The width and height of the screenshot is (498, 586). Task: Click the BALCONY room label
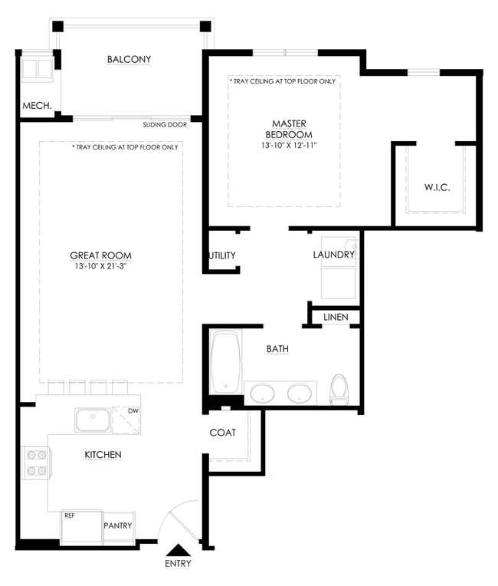coord(129,59)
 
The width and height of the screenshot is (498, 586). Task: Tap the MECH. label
coord(36,106)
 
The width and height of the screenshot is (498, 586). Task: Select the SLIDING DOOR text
coord(161,124)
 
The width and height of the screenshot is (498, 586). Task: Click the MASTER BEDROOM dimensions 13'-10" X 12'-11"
coord(283,144)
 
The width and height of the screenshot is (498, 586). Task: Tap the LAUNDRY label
coord(333,255)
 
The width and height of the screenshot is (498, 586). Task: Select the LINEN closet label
coord(336,317)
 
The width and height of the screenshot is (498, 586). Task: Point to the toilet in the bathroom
coord(340,390)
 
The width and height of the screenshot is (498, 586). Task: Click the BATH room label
coord(277,349)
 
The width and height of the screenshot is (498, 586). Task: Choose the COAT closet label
coord(222,433)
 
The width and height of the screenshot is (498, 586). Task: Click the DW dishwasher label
coord(133,410)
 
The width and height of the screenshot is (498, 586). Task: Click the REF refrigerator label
coord(69,516)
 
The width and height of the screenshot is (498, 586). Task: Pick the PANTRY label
coord(119,525)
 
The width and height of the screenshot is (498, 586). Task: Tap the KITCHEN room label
coord(103,455)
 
